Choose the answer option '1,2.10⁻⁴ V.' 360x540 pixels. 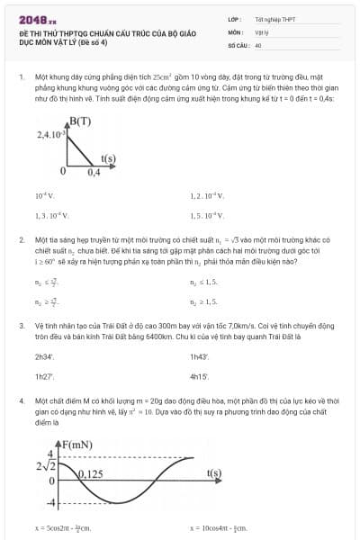click(208, 195)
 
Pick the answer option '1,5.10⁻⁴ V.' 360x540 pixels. click(208, 216)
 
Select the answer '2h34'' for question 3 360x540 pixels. click(44, 356)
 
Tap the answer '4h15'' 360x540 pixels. click(199, 376)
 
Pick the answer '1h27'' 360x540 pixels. click(44, 376)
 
